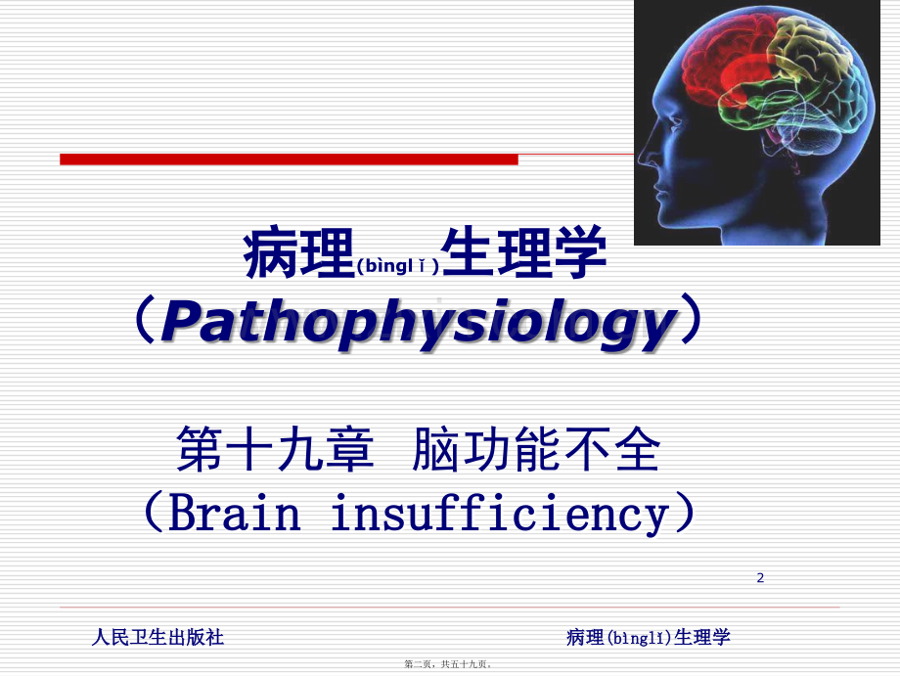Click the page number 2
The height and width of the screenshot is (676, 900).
click(x=760, y=578)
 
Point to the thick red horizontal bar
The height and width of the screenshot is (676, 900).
click(x=289, y=158)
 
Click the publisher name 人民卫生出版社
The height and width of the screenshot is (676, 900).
click(x=157, y=638)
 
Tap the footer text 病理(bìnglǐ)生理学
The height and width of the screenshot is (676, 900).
click(x=649, y=638)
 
